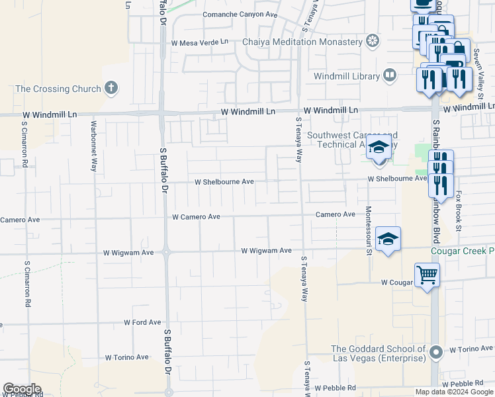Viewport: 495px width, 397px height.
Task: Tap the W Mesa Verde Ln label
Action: (199, 42)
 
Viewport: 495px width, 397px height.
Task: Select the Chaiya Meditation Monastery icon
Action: (373, 42)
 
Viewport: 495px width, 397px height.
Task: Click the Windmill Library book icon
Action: (390, 76)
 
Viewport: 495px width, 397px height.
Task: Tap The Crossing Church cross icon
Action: (111, 88)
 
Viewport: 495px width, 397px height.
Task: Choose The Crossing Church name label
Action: (58, 89)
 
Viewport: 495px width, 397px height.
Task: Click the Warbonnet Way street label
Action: (93, 151)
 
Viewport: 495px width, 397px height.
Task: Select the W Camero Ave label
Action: (196, 216)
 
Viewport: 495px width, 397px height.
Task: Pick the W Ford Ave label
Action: (142, 322)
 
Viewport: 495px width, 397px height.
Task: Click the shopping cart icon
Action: (427, 273)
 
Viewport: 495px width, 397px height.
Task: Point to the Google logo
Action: (22, 389)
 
